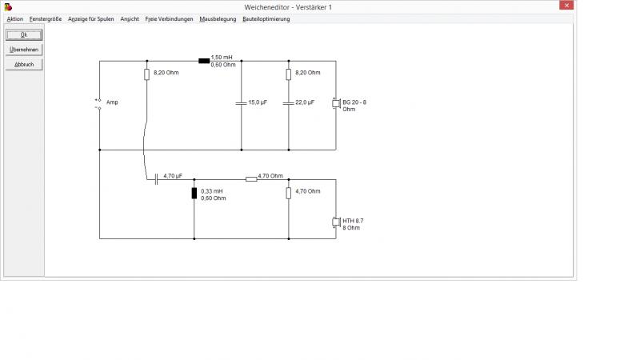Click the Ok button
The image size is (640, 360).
pyautogui.click(x=24, y=34)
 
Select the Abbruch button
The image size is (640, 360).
pyautogui.click(x=24, y=65)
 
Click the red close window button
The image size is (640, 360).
pyautogui.click(x=566, y=6)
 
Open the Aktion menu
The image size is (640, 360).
pyautogui.click(x=15, y=19)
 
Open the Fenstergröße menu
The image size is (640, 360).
pyautogui.click(x=46, y=19)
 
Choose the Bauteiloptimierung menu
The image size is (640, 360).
pyautogui.click(x=266, y=19)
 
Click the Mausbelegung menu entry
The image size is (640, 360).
pyautogui.click(x=218, y=19)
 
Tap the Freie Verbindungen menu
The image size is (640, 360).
pyautogui.click(x=169, y=19)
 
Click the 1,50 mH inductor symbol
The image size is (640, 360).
pyautogui.click(x=204, y=61)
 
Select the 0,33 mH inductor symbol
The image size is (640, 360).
pyautogui.click(x=194, y=193)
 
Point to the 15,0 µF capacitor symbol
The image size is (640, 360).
pyautogui.click(x=242, y=103)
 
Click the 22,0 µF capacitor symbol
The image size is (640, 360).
pyautogui.click(x=289, y=103)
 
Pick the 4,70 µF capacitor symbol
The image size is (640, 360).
pyautogui.click(x=156, y=179)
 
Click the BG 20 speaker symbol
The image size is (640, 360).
pyautogui.click(x=336, y=104)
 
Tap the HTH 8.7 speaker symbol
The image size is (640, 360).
pyautogui.click(x=336, y=222)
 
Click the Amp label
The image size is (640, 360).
pyautogui.click(x=112, y=102)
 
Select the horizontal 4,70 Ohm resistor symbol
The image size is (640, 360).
pyautogui.click(x=251, y=179)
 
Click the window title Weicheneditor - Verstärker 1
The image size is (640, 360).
pyautogui.click(x=288, y=7)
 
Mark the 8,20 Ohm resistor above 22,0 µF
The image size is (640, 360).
pyautogui.click(x=289, y=74)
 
